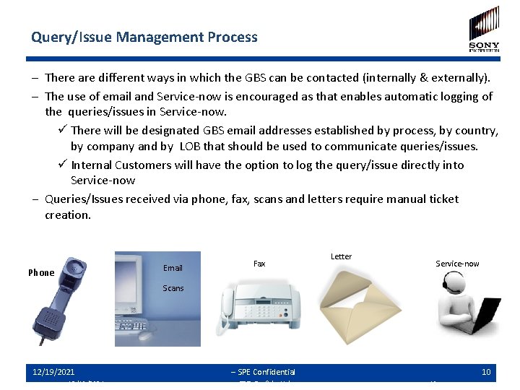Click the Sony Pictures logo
pos(484,29)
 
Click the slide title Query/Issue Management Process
pos(144,37)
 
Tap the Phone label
pos(41,273)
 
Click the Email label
pos(173,268)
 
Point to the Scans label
pos(173,288)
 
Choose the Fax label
pos(259,264)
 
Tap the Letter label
pos(341,256)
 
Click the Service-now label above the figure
pos(457,264)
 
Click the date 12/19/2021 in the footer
pos(53,372)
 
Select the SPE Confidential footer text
pos(263,372)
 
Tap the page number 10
pos(486,372)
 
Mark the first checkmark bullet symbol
pos(63,130)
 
